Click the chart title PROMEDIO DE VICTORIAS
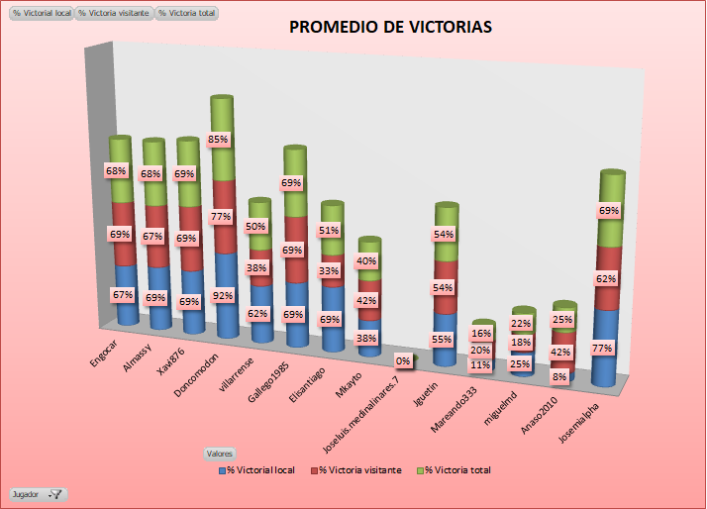click(390, 27)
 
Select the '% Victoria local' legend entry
click(262, 470)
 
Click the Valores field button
click(219, 453)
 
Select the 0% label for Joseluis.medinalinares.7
click(403, 361)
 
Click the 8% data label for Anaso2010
click(560, 376)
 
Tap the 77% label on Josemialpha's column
click(602, 348)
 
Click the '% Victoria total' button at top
click(188, 14)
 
